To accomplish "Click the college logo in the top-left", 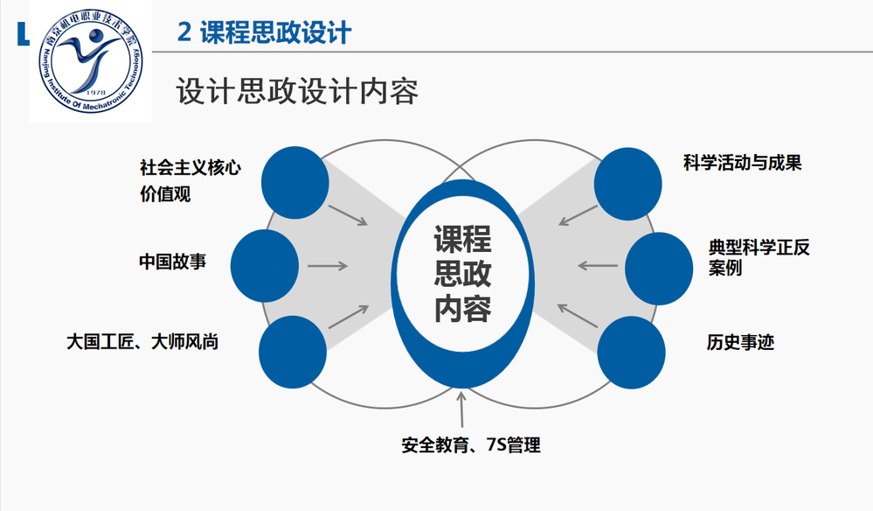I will click(x=90, y=62).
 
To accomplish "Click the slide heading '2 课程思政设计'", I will click(x=264, y=32).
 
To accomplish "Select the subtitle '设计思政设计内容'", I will click(x=297, y=91).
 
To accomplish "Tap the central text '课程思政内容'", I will click(x=462, y=274).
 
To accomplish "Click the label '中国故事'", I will click(x=172, y=261).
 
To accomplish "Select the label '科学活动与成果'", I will click(x=742, y=163).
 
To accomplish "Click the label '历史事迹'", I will click(x=740, y=341).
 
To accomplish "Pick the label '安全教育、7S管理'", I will click(x=471, y=445).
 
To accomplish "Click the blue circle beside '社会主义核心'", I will click(x=296, y=180).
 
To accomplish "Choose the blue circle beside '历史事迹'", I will click(x=632, y=351).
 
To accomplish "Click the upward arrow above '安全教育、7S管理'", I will click(x=462, y=408).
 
